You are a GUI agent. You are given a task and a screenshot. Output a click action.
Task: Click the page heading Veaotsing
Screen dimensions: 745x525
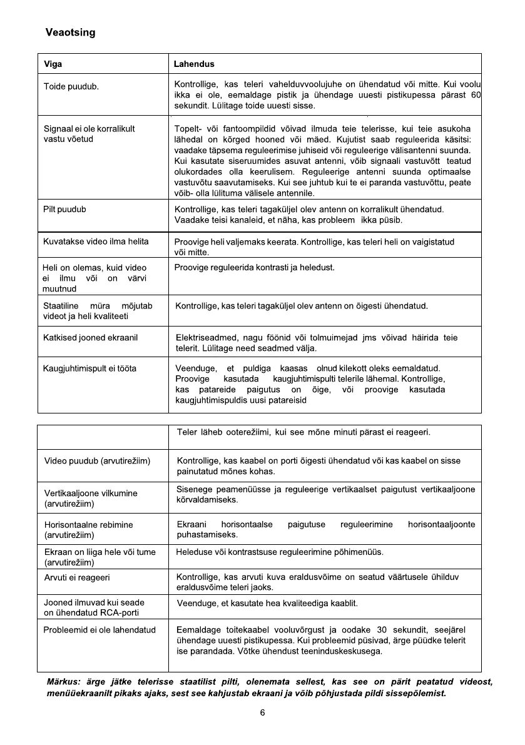point(71,33)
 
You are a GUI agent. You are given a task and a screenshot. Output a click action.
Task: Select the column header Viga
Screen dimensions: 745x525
point(53,64)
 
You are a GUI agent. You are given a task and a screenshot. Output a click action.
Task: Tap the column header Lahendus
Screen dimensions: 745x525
point(194,64)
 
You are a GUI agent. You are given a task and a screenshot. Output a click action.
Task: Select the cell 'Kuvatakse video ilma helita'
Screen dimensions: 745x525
point(96,241)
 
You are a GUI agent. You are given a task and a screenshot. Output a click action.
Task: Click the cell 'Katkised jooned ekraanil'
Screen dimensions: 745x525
point(90,338)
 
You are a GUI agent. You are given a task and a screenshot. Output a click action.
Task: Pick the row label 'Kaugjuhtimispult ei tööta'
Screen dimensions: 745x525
point(89,368)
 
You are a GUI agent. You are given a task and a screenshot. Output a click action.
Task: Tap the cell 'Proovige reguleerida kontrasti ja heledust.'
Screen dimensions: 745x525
point(255,268)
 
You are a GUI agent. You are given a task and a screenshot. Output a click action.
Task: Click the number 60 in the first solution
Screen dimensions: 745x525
point(475,94)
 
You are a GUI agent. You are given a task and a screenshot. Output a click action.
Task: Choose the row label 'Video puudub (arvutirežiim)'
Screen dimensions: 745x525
point(97,461)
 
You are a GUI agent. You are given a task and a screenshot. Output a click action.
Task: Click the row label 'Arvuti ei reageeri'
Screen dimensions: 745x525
point(77,577)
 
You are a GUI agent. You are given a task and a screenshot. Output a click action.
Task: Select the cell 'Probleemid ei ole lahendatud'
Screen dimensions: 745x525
point(99,630)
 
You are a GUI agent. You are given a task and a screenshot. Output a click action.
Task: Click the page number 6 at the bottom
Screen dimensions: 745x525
point(263,713)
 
